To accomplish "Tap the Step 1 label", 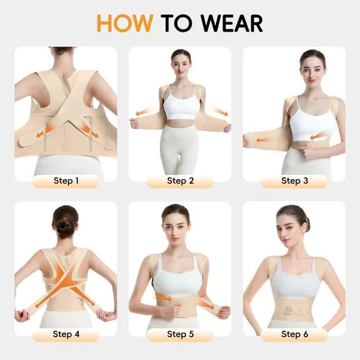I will pyautogui.click(x=66, y=181).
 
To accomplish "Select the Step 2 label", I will pyautogui.click(x=180, y=181).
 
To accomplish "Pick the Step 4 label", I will pyautogui.click(x=66, y=334).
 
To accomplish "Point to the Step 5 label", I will pyautogui.click(x=180, y=334).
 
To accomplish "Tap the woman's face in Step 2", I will pyautogui.click(x=181, y=63).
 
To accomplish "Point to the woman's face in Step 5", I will pyautogui.click(x=175, y=222).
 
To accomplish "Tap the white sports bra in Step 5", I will pyautogui.click(x=180, y=270).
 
